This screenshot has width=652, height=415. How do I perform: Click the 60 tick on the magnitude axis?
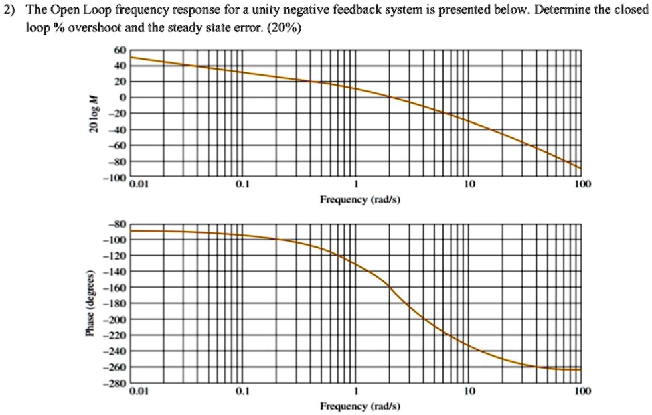click(120, 50)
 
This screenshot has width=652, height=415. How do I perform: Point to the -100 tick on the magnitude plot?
click(116, 179)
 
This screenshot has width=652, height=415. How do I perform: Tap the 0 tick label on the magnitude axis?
click(122, 98)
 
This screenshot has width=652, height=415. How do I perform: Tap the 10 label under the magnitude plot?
click(469, 184)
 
